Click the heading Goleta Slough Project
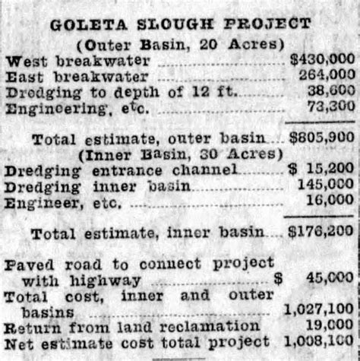[x=180, y=24]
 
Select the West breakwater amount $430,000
[x=321, y=59]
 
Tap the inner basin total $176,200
[x=321, y=231]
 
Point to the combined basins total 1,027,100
[x=318, y=309]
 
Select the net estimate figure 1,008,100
[x=318, y=341]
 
